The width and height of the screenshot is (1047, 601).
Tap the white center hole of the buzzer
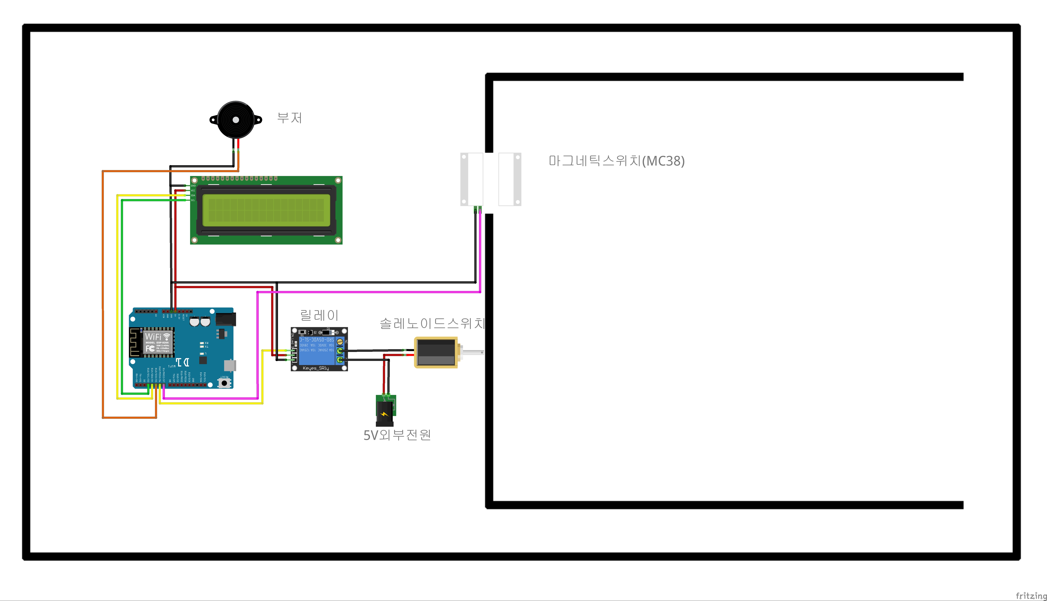coord(236,120)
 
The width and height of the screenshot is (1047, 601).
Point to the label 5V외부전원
coord(397,435)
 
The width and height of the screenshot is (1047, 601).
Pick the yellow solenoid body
coord(435,352)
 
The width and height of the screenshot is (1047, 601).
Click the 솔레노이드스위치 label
coord(432,323)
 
